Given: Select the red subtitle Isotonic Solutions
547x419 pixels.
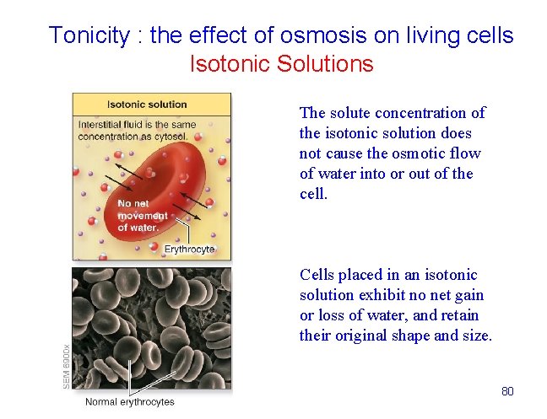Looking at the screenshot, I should click(x=281, y=64).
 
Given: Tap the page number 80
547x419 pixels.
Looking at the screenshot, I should click(x=507, y=391).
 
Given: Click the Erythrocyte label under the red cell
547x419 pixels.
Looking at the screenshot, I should click(x=189, y=249).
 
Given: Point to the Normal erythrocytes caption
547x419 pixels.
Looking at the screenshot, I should click(x=129, y=401).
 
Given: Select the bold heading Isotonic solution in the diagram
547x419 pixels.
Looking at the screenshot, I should click(x=147, y=105).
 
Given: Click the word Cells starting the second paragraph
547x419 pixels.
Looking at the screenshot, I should click(x=317, y=275).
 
